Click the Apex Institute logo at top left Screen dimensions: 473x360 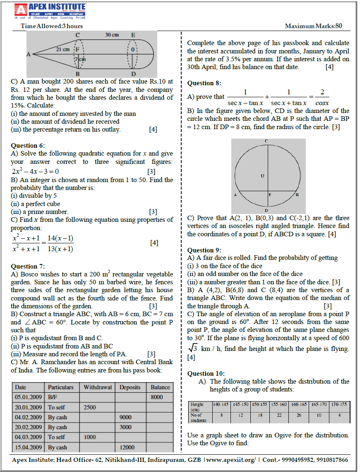(x=50, y=11)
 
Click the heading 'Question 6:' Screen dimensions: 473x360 (x=28, y=145)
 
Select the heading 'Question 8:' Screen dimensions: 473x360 (x=204, y=83)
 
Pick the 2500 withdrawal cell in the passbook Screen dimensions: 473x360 (x=90, y=407)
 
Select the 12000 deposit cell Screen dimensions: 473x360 (x=127, y=447)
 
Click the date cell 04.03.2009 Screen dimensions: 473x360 (x=28, y=437)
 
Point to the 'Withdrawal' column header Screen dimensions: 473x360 (x=98, y=387)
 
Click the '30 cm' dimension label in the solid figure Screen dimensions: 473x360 (x=112, y=35)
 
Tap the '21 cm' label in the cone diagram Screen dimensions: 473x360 (x=62, y=49)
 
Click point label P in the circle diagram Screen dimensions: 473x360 (x=269, y=194)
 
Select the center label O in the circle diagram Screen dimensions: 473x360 (x=262, y=176)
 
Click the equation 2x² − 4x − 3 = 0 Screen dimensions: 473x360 (x=35, y=171)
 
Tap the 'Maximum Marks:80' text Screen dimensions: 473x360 (x=313, y=26)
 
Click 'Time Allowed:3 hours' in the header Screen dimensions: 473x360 (x=52, y=26)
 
